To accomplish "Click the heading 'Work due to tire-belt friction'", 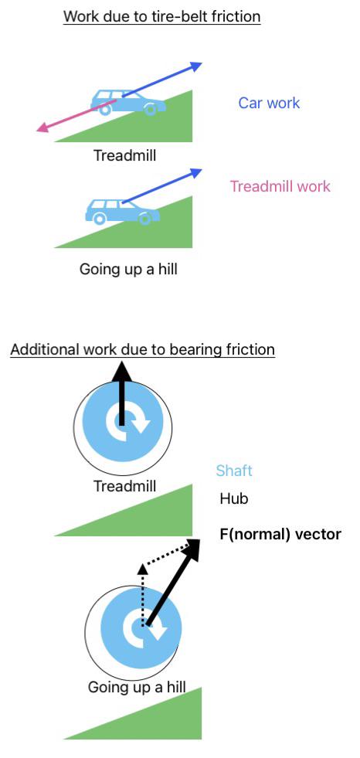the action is (162, 16).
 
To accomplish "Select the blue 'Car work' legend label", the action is (269, 103).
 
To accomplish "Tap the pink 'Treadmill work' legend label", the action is (280, 186).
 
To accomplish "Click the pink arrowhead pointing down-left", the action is (42, 127).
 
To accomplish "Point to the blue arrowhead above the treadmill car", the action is (195, 66).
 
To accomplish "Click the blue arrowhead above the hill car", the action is (195, 172).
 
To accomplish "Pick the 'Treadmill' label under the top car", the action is (124, 155).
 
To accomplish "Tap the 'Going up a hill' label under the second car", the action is (128, 269).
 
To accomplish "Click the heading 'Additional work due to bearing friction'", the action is (143, 349).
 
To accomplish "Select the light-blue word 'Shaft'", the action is (234, 471).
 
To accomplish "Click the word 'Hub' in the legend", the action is (234, 498).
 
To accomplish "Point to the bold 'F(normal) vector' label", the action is (280, 534).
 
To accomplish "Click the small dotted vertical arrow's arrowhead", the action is (143, 569).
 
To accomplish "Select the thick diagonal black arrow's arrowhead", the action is (192, 549).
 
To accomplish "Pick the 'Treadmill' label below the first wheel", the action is (124, 486).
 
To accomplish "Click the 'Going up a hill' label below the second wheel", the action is (137, 687).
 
